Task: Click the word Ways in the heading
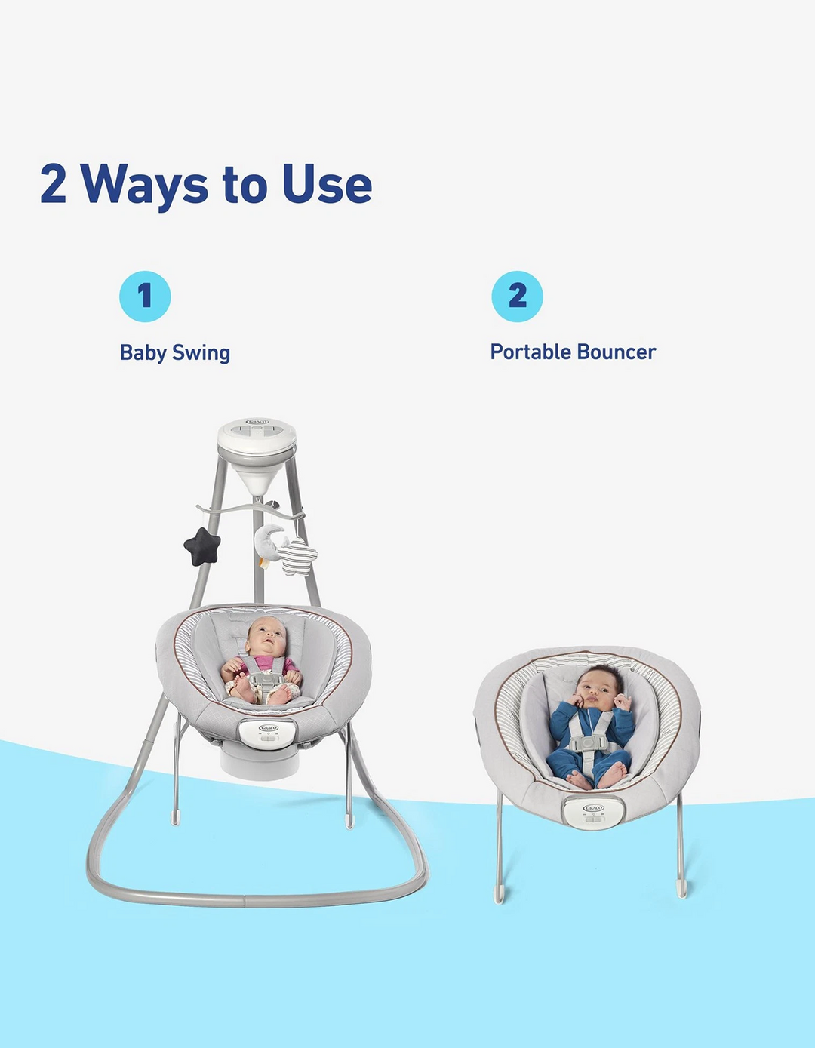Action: pos(143,186)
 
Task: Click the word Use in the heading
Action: pos(327,183)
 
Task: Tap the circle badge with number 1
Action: pos(145,296)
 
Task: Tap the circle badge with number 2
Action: pos(518,296)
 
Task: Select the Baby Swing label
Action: pos(175,353)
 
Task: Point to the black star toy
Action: pos(202,546)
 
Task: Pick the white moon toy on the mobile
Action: pos(266,543)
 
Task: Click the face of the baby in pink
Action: pos(266,638)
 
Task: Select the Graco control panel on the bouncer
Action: pos(594,812)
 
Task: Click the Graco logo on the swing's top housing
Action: pos(257,422)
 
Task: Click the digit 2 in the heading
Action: pos(53,184)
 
